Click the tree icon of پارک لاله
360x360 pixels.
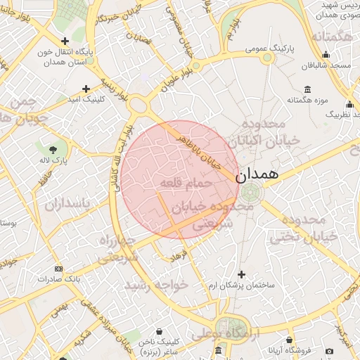54,149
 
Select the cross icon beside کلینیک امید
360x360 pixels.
86,89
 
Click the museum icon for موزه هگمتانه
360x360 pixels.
307,89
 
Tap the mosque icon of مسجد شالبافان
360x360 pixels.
326,56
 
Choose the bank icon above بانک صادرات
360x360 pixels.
58,269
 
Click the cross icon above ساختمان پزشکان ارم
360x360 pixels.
242,274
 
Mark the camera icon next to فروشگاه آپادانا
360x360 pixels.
328,350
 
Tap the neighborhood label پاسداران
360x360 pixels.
68,205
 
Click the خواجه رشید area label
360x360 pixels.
156,285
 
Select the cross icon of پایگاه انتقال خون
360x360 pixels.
65,41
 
